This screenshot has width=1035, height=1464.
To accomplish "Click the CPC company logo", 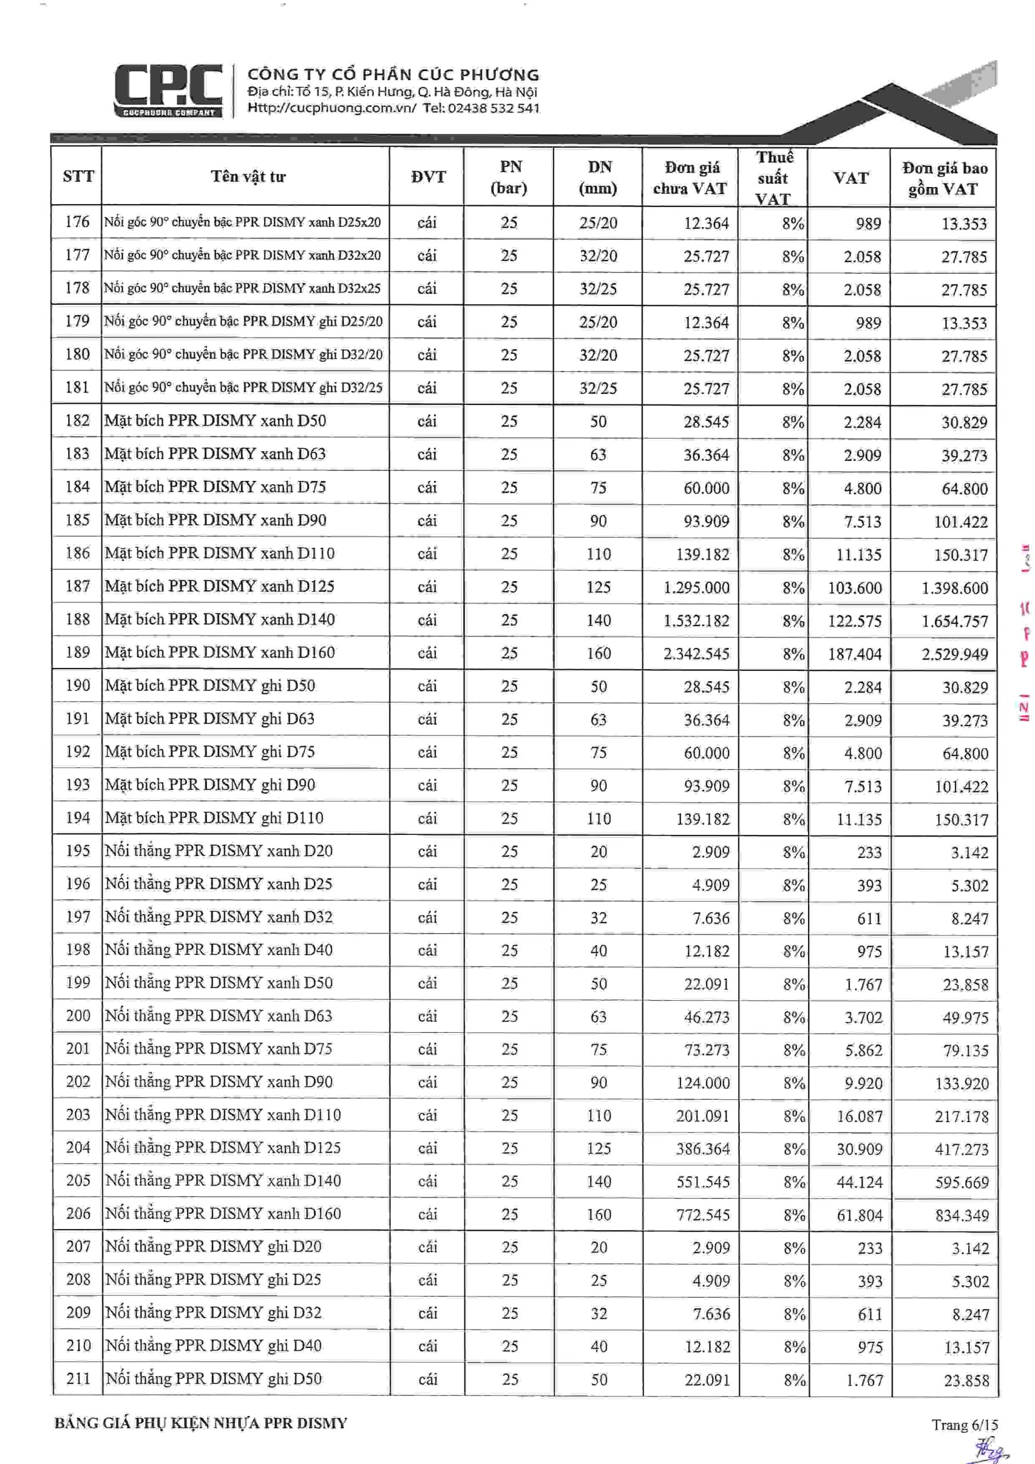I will [x=168, y=90].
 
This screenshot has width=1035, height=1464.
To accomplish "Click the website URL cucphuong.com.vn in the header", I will [x=332, y=108].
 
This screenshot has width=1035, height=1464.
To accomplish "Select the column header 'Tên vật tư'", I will [x=248, y=177].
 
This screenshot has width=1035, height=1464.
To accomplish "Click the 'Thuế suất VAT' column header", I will [x=774, y=177].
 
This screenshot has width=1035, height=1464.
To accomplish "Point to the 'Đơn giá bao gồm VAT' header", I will [x=944, y=178].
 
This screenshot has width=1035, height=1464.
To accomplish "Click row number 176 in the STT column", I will [x=77, y=222].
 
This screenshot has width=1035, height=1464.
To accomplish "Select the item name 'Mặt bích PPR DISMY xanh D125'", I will [x=220, y=586].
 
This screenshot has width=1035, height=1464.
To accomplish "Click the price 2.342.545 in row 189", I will [x=696, y=653].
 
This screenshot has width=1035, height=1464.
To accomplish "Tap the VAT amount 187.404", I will [x=854, y=654].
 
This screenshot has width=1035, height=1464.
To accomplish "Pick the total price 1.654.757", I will [x=954, y=620].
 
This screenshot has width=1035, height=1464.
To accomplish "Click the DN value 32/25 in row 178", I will [x=598, y=289].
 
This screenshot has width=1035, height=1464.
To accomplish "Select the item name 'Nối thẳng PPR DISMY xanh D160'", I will [x=222, y=1213].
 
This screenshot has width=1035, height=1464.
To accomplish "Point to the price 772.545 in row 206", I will [x=703, y=1214].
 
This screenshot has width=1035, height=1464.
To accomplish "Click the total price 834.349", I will [x=962, y=1215].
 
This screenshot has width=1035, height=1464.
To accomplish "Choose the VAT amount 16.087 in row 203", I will [x=859, y=1116].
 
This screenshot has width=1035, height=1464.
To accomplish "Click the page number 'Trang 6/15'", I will [x=964, y=1425].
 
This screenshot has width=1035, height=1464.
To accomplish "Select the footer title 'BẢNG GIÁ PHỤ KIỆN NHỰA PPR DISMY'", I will [x=201, y=1423].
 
